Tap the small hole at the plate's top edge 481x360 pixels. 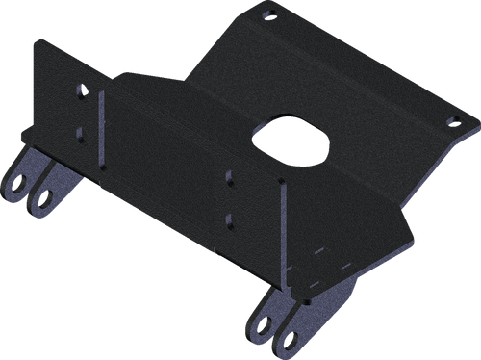(x=269, y=13)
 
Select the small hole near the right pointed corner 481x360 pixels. (x=448, y=122)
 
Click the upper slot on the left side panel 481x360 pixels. (x=81, y=92)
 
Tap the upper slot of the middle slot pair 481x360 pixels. (x=229, y=176)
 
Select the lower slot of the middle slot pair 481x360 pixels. (x=229, y=219)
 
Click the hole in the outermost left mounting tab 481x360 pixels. (x=19, y=184)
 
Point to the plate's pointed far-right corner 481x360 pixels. (x=477, y=125)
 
